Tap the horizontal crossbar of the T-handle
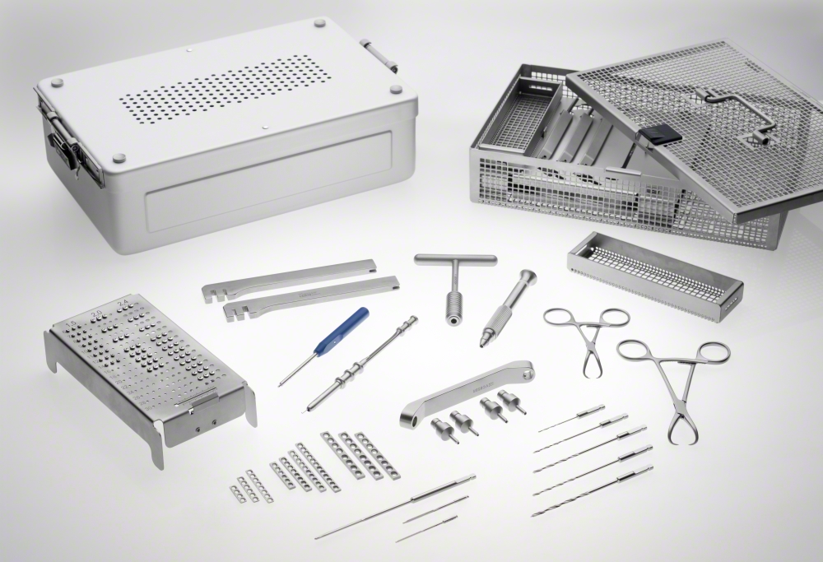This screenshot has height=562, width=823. point(455,260)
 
